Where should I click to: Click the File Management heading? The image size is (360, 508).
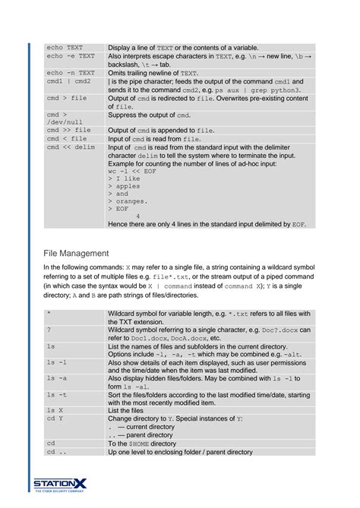pos(76,253)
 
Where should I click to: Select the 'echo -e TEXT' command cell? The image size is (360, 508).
pos(71,56)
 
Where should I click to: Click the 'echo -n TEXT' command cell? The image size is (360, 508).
pos(71,73)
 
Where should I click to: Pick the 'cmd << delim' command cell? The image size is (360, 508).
pos(71,147)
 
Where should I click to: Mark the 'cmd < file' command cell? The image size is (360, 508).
pos(67,139)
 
